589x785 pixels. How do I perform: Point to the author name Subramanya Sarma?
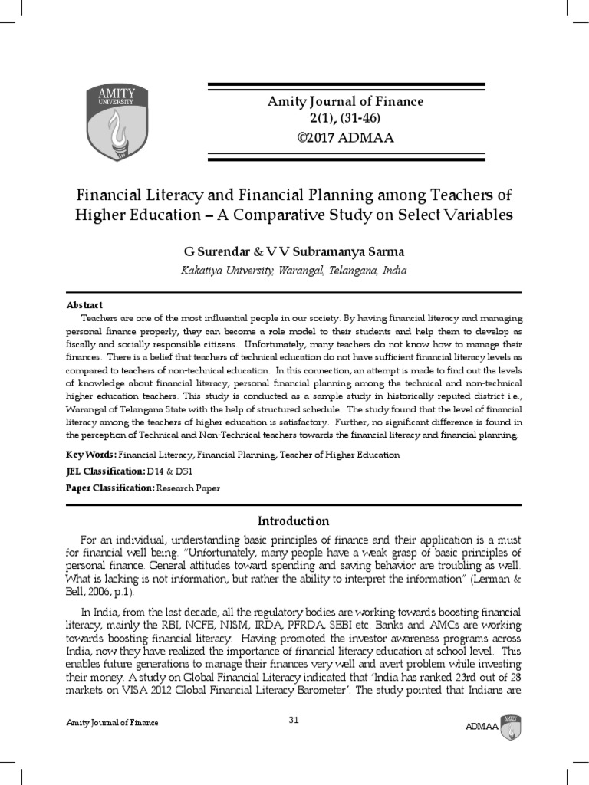(x=360, y=251)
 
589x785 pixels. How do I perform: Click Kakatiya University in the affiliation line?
(x=224, y=271)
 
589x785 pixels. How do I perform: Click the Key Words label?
(x=91, y=455)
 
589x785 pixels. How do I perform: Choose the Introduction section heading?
(x=294, y=521)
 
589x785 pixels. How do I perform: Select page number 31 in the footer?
(x=294, y=719)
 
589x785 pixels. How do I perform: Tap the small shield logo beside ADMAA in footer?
(x=511, y=725)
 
